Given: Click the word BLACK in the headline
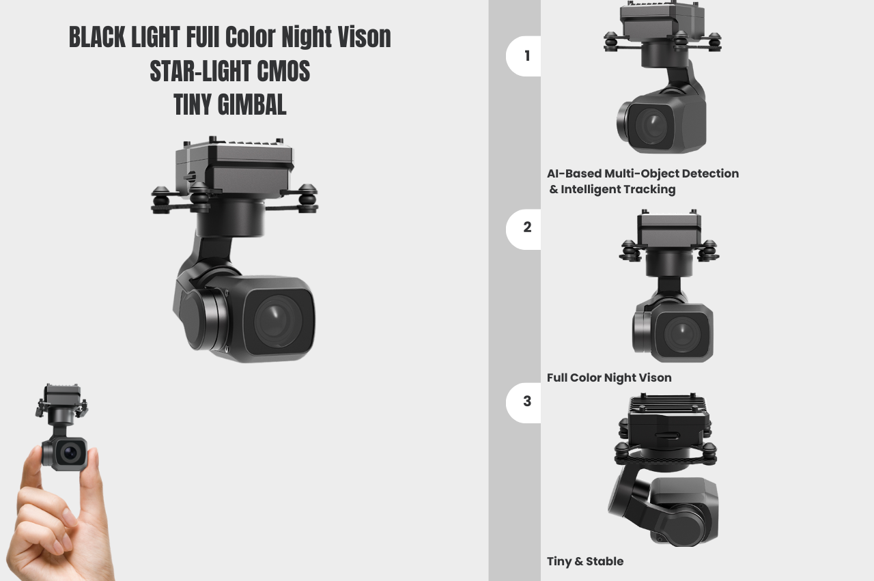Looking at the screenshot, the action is point(97,37).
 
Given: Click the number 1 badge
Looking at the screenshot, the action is point(524,56).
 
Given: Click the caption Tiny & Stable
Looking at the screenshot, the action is point(585,561).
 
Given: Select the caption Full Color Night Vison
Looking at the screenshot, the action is point(609,378).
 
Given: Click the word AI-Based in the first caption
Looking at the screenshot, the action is point(574,173).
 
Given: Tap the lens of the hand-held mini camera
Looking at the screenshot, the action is point(70,453).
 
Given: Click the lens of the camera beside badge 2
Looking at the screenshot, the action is point(682,335).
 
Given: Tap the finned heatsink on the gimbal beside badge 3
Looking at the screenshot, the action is point(668,404).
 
